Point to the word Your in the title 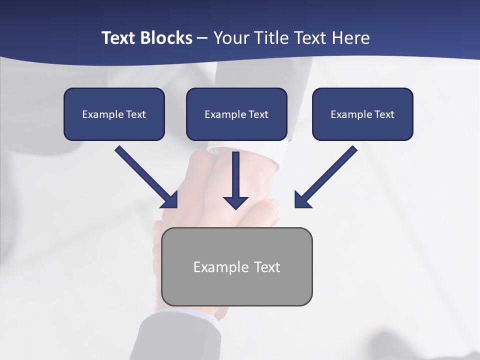pyautogui.click(x=230, y=38)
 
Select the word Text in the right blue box pyautogui.click(x=384, y=114)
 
